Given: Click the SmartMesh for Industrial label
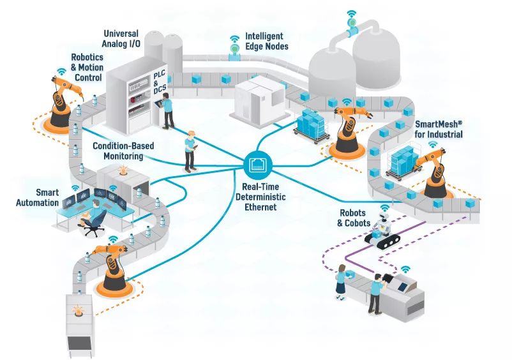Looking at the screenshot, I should point(439,130).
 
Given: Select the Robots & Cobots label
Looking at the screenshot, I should point(353,218).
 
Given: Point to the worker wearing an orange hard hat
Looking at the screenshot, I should point(190,151).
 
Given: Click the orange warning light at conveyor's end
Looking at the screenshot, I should point(79,311).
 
